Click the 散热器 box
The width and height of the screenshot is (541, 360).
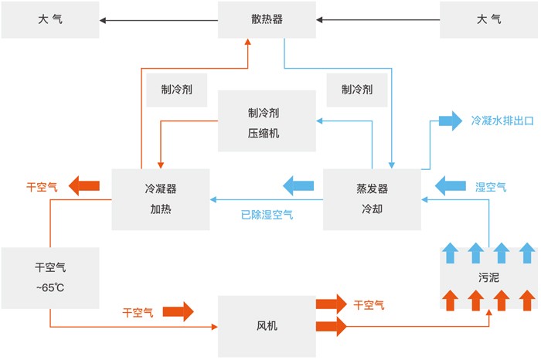267,19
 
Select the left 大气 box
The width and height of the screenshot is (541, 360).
49,19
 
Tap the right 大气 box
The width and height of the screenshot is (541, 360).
488,19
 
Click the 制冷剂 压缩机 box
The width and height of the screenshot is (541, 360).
267,121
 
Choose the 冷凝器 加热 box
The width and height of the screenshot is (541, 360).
161,199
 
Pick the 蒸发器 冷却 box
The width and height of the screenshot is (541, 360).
372,199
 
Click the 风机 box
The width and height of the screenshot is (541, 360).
267,326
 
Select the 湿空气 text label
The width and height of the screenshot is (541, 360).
491,186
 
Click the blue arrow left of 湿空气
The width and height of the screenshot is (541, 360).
448,186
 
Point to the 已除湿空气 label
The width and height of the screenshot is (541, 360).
267,214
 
